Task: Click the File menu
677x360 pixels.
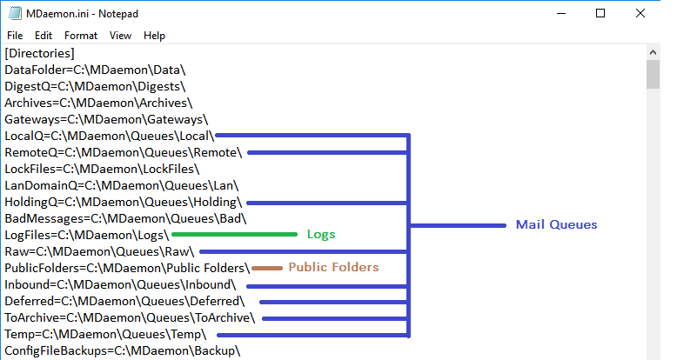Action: pyautogui.click(x=15, y=36)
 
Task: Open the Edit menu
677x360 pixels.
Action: pyautogui.click(x=44, y=36)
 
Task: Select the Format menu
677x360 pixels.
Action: pyautogui.click(x=81, y=36)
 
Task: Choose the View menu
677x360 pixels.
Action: pyautogui.click(x=121, y=36)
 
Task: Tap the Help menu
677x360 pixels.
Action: pyautogui.click(x=154, y=36)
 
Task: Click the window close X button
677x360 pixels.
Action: pyautogui.click(x=640, y=13)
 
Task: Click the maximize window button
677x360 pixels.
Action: pyautogui.click(x=600, y=13)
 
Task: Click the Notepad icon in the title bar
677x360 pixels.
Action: pyautogui.click(x=12, y=13)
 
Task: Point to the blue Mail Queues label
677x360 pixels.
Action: pyautogui.click(x=556, y=225)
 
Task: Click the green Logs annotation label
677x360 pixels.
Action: pyautogui.click(x=320, y=235)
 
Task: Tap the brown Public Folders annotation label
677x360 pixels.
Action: pyautogui.click(x=333, y=268)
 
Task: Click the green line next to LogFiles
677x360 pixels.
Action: pyautogui.click(x=235, y=235)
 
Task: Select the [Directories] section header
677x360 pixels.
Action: pyautogui.click(x=39, y=53)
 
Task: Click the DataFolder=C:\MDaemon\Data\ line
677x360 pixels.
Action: pyautogui.click(x=95, y=70)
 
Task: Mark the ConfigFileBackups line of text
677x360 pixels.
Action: pyautogui.click(x=122, y=350)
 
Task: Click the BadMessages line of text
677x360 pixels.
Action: pyautogui.click(x=126, y=218)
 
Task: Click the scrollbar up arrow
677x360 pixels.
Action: pyautogui.click(x=653, y=54)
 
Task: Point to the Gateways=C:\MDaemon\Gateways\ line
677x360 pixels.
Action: pyautogui.click(x=106, y=119)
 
